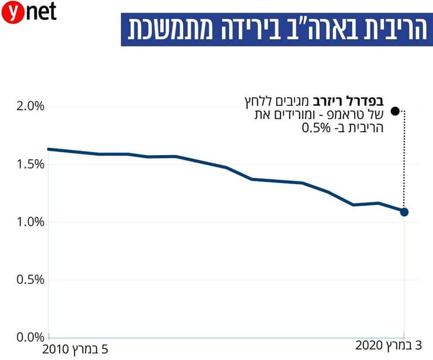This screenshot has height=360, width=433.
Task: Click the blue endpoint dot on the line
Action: click(x=404, y=211)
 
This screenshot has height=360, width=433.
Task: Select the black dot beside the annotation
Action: click(x=395, y=111)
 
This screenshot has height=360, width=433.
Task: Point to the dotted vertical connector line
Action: click(x=404, y=158)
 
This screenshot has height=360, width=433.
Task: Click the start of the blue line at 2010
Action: click(x=48, y=149)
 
